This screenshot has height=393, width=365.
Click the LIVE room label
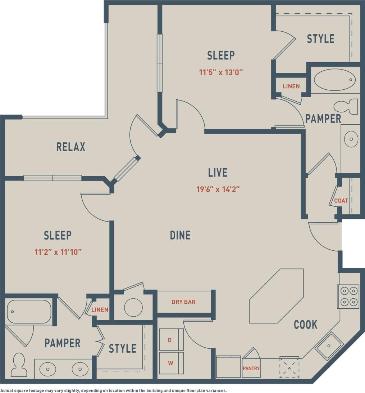(x=218, y=173)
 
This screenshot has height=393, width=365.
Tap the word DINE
(x=180, y=235)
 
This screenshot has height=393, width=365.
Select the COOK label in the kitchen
(x=305, y=325)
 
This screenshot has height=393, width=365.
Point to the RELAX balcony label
(x=71, y=147)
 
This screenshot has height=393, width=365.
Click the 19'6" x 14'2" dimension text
(x=218, y=189)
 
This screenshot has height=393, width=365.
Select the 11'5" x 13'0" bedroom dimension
(x=221, y=72)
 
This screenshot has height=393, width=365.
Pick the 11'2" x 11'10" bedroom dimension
(x=58, y=252)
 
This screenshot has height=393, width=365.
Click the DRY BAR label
(x=183, y=302)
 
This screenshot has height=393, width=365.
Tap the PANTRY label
(x=251, y=369)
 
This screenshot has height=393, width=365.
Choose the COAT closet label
(x=341, y=201)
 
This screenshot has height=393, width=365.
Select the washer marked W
(x=170, y=363)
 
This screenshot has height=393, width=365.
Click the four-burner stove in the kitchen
(x=348, y=296)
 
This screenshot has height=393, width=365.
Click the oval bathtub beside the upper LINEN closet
(x=334, y=80)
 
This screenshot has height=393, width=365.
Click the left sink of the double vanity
(x=48, y=369)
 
